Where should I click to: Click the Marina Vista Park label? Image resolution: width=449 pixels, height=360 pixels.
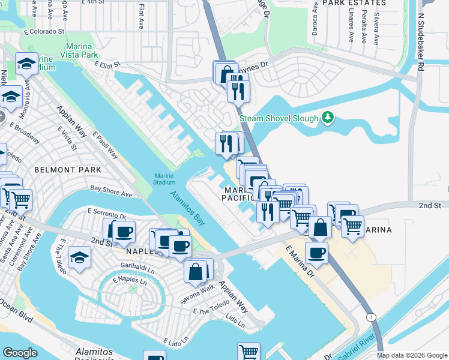(x=79, y=50)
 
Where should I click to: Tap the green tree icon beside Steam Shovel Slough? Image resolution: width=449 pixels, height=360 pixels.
(x=327, y=118)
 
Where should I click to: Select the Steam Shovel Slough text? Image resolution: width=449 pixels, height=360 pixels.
(x=279, y=118)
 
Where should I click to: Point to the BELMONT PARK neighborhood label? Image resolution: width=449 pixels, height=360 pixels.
(x=59, y=170)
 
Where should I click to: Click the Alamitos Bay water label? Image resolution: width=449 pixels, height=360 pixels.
(x=187, y=208)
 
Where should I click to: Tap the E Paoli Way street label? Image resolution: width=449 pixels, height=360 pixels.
(x=105, y=147)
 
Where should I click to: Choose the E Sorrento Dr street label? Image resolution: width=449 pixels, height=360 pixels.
(x=106, y=214)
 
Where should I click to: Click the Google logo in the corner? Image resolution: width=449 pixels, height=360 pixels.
(x=20, y=353)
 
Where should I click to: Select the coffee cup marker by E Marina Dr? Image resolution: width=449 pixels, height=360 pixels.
(x=316, y=253)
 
